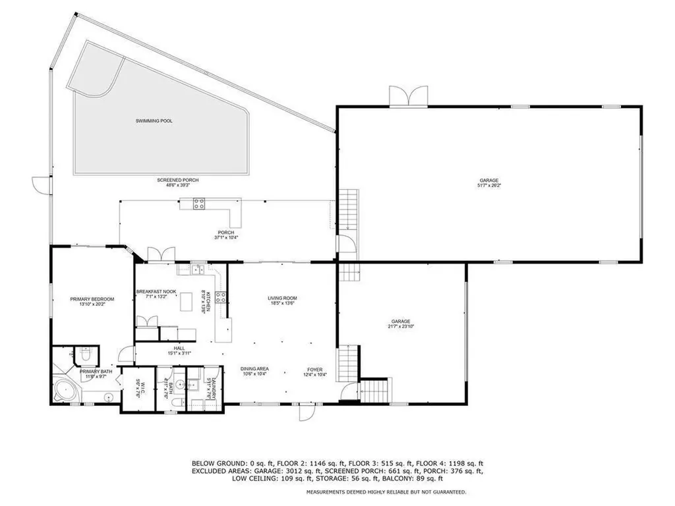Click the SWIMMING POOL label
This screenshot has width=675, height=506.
pyautogui.click(x=154, y=121)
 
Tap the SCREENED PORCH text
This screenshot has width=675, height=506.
pyautogui.click(x=177, y=180)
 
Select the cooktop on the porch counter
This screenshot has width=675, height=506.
pyautogui.click(x=198, y=204)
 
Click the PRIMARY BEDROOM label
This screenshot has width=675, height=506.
pyautogui.click(x=92, y=299)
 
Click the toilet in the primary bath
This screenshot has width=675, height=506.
pyautogui.click(x=83, y=355)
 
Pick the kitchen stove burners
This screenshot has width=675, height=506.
pyautogui.click(x=220, y=296)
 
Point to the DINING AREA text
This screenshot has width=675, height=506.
pyautogui.click(x=253, y=369)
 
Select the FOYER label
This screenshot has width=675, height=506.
pyautogui.click(x=313, y=369)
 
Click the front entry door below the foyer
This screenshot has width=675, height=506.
pyautogui.click(x=305, y=412)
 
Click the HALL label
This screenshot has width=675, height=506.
pyautogui.click(x=179, y=348)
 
